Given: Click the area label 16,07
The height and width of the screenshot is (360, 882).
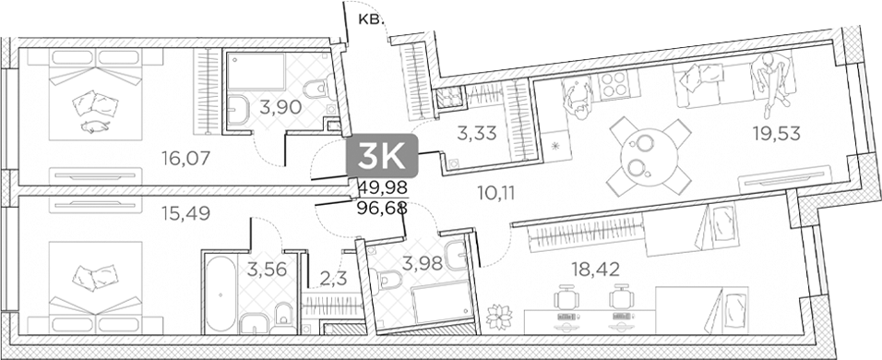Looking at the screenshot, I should click(x=186, y=158).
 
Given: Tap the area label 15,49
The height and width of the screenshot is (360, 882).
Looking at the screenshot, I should click(x=186, y=213).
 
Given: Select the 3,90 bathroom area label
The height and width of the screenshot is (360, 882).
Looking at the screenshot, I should click(x=280, y=106).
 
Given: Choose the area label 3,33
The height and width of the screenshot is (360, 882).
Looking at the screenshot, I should click(x=477, y=134).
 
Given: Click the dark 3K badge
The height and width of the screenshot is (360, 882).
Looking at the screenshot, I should click(x=382, y=155).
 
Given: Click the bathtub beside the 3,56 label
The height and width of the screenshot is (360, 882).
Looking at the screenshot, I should click(x=219, y=294).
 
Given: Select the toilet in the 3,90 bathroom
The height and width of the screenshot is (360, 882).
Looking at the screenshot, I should click(x=316, y=89).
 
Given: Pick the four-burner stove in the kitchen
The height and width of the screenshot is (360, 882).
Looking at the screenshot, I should click(x=614, y=86).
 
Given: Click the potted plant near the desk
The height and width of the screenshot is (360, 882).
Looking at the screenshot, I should click(x=498, y=316).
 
